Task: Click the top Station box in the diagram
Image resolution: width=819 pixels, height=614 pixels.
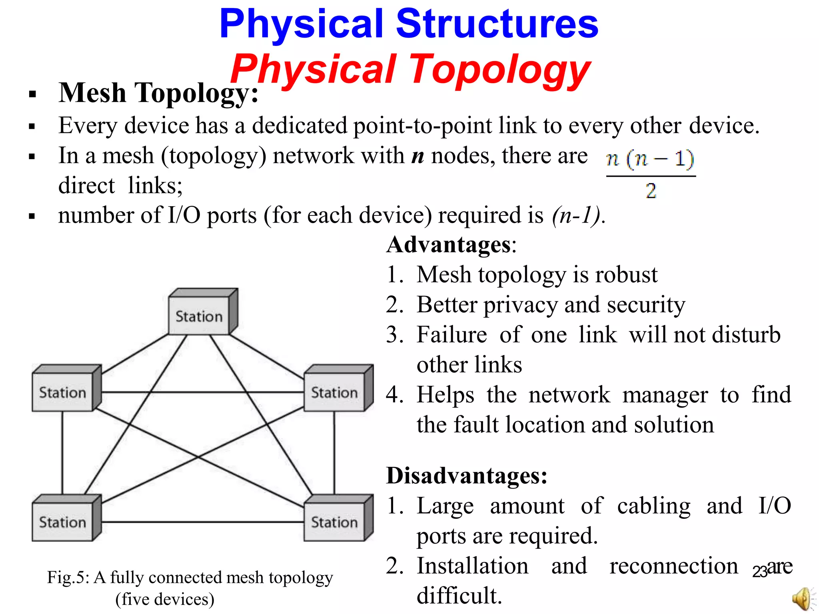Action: click(199, 316)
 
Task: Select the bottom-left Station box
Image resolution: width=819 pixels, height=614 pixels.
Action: click(63, 522)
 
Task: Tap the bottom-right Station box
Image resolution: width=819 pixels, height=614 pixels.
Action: click(335, 522)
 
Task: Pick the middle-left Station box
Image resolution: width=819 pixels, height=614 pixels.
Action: click(63, 392)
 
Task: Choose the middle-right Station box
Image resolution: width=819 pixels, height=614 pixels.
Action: click(335, 392)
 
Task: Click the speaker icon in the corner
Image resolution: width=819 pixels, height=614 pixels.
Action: click(802, 599)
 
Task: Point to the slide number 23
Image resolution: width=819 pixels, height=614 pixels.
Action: click(759, 572)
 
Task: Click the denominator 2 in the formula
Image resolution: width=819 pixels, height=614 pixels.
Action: click(651, 191)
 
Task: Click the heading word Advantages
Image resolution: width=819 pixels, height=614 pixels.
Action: click(448, 244)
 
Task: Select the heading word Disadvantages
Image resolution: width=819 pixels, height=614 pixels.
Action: click(466, 476)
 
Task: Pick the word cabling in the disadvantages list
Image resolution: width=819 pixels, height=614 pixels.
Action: click(653, 506)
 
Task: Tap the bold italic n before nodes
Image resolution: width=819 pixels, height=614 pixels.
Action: click(417, 156)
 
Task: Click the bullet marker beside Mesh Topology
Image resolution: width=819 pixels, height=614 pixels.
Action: click(32, 95)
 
